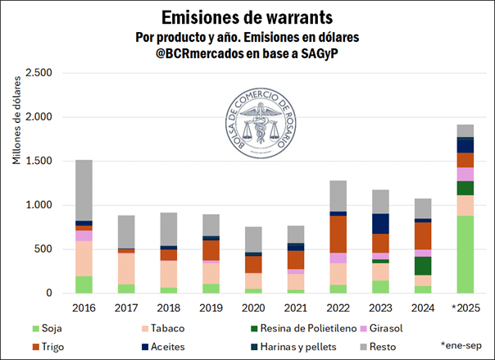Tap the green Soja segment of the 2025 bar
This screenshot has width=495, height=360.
[x=465, y=253]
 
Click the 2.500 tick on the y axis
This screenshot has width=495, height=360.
[x=39, y=73]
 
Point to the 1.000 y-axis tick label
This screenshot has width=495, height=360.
[x=39, y=205]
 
